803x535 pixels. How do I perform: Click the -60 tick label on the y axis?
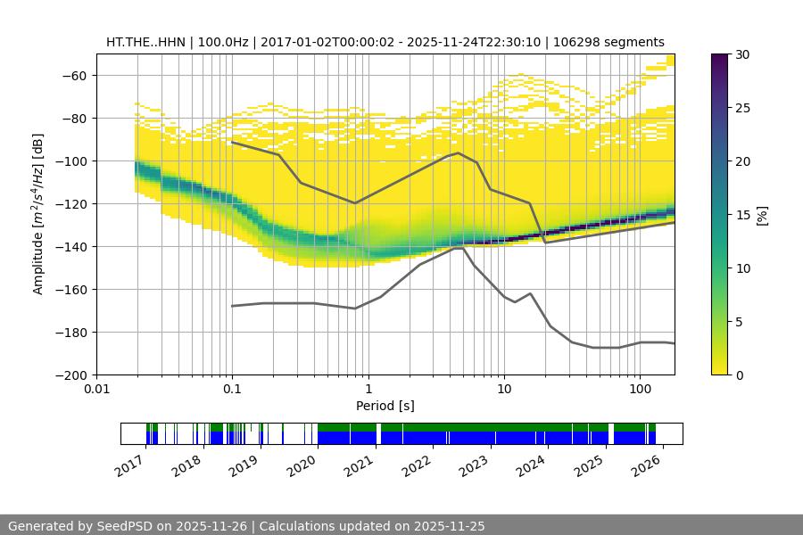click(x=73, y=75)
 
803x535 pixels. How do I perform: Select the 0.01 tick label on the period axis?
click(x=96, y=390)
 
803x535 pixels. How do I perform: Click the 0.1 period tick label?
click(x=232, y=390)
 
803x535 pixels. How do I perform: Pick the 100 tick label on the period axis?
click(x=640, y=390)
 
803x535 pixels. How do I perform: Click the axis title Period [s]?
click(x=385, y=406)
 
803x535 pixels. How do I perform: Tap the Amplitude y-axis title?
click(x=37, y=214)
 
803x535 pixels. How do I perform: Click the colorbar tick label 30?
click(x=742, y=54)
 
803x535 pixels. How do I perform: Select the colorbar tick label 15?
click(x=742, y=215)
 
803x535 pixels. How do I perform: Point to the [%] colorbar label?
click(x=761, y=215)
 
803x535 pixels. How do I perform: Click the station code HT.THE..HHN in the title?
click(x=144, y=42)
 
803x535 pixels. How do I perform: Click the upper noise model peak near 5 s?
click(x=459, y=152)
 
